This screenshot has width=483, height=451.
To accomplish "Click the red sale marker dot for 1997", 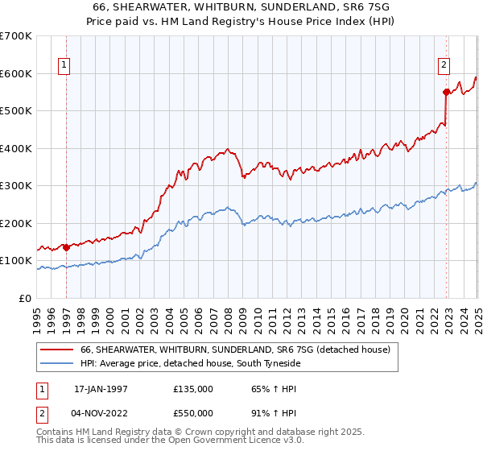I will [x=66, y=247].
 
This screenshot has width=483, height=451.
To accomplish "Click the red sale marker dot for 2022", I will [x=445, y=93].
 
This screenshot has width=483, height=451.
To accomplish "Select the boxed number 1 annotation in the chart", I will [x=64, y=67].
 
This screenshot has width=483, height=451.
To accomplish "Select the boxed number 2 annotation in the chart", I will [x=444, y=67].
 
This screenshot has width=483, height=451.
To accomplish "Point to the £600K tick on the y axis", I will [x=16, y=73].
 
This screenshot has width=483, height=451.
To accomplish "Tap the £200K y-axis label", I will [x=16, y=223].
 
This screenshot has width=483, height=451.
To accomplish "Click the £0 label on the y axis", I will [x=25, y=298].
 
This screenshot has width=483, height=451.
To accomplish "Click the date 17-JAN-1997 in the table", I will [x=100, y=389].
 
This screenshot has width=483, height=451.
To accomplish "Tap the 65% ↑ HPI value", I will [x=267, y=389].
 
